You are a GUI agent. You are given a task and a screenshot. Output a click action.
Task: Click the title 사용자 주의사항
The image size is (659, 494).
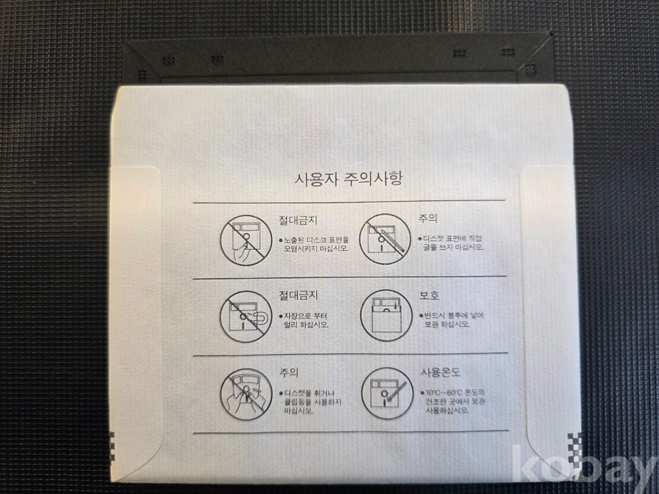tap(349, 179)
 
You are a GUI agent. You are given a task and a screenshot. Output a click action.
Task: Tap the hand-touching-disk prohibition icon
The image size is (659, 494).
tap(245, 240)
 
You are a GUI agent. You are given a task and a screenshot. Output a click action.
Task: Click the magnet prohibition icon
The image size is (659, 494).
tap(245, 316)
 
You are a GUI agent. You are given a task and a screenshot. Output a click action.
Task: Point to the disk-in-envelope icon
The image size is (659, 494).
tap(386, 316)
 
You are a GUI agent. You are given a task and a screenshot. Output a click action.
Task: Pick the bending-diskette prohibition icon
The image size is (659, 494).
tap(246, 395)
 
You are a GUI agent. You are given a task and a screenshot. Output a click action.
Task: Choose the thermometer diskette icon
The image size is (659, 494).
tap(387, 394)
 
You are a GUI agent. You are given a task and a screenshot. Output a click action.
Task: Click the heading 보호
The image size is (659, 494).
tap(429, 295)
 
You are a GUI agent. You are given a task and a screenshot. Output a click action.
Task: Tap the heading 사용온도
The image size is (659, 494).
tap(440, 372)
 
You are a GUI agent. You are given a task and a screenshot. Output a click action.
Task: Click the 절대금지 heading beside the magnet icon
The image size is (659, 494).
tap(299, 295)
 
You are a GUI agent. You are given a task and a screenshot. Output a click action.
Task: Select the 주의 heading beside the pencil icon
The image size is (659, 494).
tap(428, 219)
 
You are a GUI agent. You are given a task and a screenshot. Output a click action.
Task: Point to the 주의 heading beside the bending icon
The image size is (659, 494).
tap(289, 373)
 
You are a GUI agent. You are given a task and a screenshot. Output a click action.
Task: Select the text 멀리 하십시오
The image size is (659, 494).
tap(306, 325)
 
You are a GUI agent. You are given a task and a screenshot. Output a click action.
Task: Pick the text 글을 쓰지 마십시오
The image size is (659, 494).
tap(453, 248)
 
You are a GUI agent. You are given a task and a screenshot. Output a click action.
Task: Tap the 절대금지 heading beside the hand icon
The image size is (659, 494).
tap(299, 220)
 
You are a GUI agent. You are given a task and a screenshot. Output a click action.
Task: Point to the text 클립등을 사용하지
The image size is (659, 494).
tap(312, 402)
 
